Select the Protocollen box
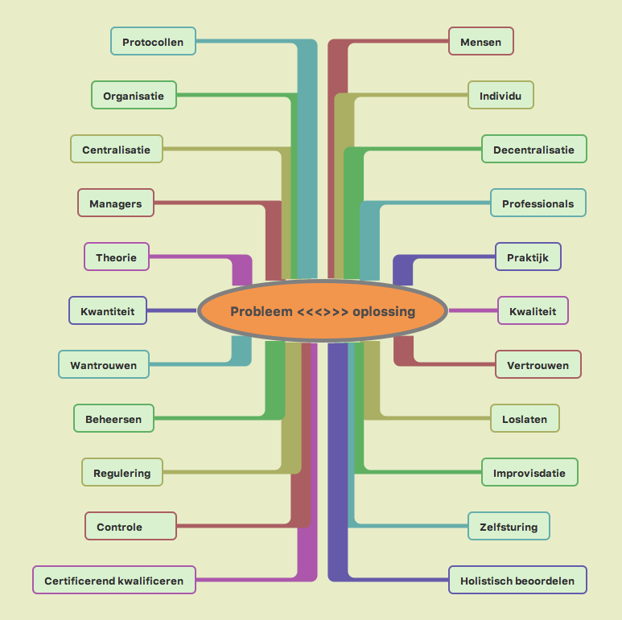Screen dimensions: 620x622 (x=153, y=42)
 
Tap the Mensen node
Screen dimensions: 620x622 (x=480, y=42)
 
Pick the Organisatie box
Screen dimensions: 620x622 (x=134, y=96)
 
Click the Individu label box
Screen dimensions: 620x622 (x=500, y=96)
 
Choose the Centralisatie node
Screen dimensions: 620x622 (x=116, y=150)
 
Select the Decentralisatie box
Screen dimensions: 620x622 (x=533, y=150)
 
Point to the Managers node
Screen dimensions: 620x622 (x=115, y=203)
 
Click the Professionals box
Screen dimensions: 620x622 (x=538, y=203)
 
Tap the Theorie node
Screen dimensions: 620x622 (x=116, y=257)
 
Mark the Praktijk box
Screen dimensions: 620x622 (x=527, y=257)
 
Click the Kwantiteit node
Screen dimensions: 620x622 (x=107, y=310)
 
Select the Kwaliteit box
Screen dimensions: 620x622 (x=532, y=310)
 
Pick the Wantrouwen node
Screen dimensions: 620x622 (x=103, y=365)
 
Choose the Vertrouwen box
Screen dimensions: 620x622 (x=538, y=365)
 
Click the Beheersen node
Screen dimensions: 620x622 (x=113, y=419)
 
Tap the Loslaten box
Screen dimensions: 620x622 (x=525, y=419)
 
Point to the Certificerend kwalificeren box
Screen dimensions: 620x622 (x=114, y=581)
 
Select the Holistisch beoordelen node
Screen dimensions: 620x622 (x=517, y=581)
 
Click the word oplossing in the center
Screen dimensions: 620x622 (x=384, y=311)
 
